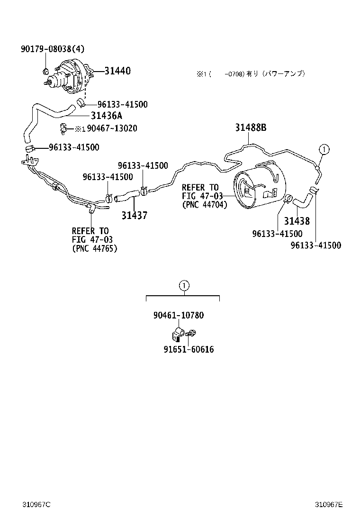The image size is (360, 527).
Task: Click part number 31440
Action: (117, 71)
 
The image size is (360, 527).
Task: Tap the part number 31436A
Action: (107, 116)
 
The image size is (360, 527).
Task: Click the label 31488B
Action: (251, 127)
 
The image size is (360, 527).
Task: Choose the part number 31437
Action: (134, 216)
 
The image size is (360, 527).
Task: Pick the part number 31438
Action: (297, 221)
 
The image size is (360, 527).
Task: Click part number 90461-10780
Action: (179, 315)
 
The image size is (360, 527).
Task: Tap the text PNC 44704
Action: (204, 205)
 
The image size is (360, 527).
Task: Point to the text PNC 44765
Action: (94, 248)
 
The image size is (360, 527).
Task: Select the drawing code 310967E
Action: (329, 504)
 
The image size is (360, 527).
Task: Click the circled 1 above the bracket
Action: (184, 285)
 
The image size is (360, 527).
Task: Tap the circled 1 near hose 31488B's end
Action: (324, 149)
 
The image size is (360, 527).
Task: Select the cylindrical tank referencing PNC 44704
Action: (259, 186)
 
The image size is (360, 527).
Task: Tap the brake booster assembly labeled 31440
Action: (69, 78)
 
